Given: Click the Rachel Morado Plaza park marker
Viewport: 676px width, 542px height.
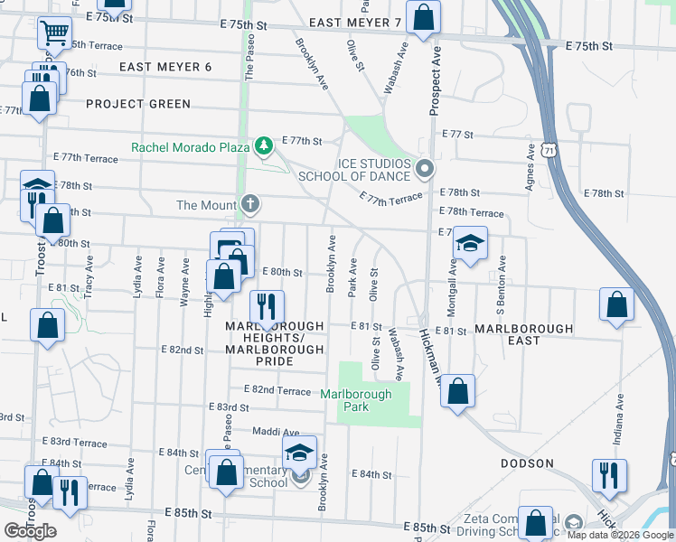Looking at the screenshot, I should [263, 145].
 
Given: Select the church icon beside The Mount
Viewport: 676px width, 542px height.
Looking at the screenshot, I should [249, 205].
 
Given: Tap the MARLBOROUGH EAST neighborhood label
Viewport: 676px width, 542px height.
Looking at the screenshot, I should [523, 335].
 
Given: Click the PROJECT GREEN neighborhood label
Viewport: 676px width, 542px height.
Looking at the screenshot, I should [138, 104].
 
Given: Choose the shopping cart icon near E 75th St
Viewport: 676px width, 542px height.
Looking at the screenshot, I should [55, 33].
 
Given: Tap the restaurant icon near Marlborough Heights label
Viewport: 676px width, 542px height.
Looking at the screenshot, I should [267, 307].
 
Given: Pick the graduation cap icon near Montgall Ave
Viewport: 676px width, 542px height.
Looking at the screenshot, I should [469, 244].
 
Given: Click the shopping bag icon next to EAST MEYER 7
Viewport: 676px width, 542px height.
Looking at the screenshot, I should [422, 18].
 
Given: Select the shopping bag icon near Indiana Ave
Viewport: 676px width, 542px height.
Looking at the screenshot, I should [617, 305].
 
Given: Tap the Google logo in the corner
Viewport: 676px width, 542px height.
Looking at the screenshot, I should [30, 531].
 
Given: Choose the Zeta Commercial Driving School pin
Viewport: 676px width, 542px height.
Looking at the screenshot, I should [573, 523].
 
